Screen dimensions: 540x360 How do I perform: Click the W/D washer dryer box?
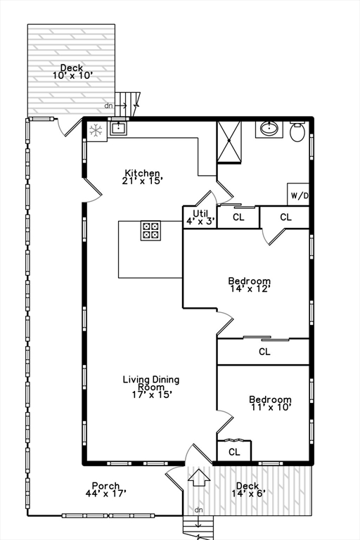pyautogui.click(x=298, y=195)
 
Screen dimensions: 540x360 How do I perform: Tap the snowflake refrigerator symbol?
pyautogui.click(x=96, y=129)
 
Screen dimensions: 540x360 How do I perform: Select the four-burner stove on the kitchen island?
pyautogui.click(x=151, y=231)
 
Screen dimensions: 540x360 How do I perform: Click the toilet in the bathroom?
pyautogui.click(x=297, y=131)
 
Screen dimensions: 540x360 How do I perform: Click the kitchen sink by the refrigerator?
pyautogui.click(x=119, y=128)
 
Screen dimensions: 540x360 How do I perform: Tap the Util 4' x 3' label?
pyautogui.click(x=200, y=217)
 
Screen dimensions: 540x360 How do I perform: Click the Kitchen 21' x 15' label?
pyautogui.click(x=143, y=176)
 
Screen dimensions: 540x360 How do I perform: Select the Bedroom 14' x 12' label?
pyautogui.click(x=250, y=283)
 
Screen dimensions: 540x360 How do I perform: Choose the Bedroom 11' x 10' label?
pyautogui.click(x=270, y=403)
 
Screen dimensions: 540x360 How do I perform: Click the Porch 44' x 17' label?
pyautogui.click(x=105, y=489)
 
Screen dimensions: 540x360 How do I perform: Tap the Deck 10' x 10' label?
pyautogui.click(x=71, y=71)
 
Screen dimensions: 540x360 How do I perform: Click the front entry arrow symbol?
pyautogui.click(x=199, y=478)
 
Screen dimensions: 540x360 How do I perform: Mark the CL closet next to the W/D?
pyautogui.click(x=285, y=217)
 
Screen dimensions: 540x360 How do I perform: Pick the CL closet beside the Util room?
pyautogui.click(x=238, y=217)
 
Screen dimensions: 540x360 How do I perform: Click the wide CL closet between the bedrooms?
pyautogui.click(x=264, y=352)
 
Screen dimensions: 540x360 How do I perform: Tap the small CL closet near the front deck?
pyautogui.click(x=234, y=451)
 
